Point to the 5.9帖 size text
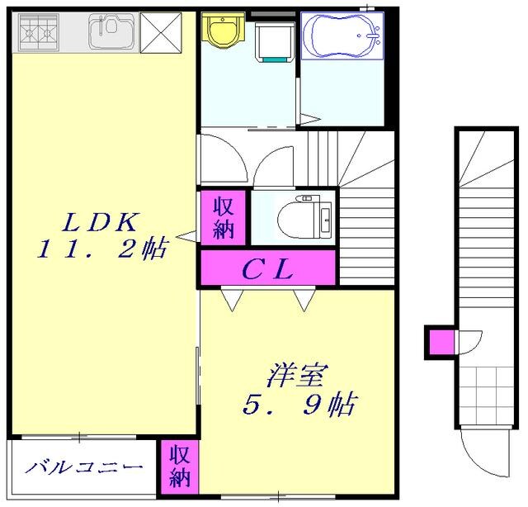click(299, 405)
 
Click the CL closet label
click(267, 268)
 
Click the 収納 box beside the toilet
click(223, 217)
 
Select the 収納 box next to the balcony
click(180, 467)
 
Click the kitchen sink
click(111, 31)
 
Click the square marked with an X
click(160, 32)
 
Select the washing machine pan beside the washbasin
click(271, 41)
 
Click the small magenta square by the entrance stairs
click(441, 341)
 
